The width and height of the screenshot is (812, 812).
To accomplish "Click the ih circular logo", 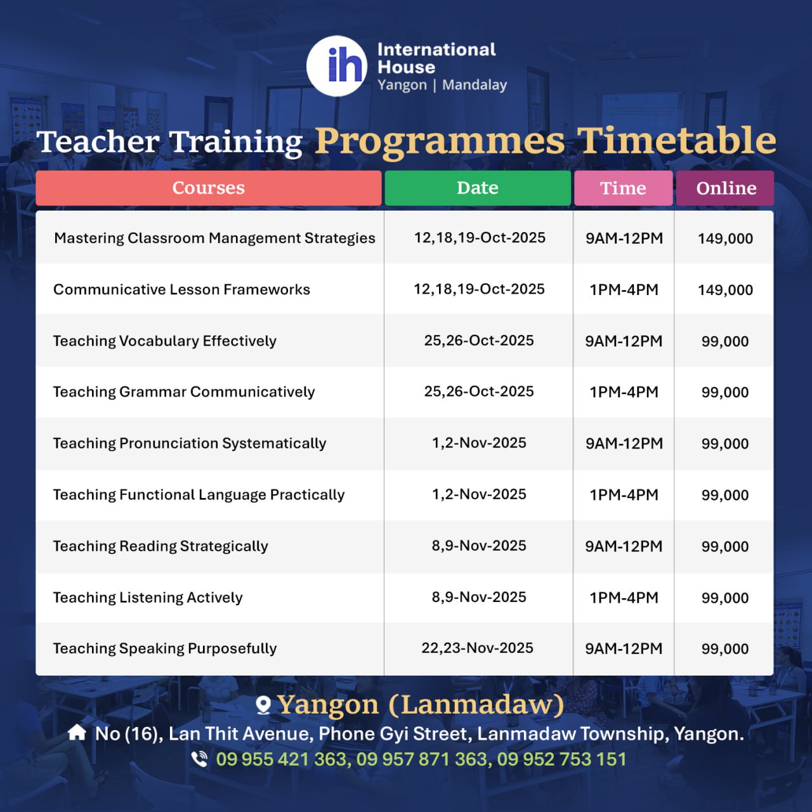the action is [336, 66].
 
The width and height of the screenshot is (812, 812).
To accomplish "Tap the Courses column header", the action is [209, 188].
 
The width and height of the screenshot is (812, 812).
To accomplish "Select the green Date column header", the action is [478, 188].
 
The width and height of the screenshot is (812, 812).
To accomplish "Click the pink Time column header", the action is [623, 188].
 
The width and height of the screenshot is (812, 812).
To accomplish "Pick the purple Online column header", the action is [725, 188].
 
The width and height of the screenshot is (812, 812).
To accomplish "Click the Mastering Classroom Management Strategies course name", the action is [214, 238].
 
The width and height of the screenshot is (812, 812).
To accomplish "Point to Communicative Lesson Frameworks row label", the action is [181, 289].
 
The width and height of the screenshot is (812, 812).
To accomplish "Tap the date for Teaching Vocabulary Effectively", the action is [479, 341].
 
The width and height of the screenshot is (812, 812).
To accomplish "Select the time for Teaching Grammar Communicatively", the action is [624, 392].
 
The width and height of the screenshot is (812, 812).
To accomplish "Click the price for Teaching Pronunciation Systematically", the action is [725, 443].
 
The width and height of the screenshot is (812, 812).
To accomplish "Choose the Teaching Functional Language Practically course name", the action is [199, 495].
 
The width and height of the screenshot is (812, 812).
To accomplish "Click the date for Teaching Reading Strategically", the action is [479, 546].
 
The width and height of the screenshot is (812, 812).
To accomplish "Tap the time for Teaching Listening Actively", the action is [624, 598].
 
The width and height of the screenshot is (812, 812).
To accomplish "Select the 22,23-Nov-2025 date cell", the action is [478, 648].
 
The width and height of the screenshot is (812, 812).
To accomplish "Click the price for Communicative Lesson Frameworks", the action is [725, 290].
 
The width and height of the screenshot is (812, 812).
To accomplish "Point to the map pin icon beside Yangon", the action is [263, 705].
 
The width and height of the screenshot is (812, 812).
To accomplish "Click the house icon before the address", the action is [77, 732].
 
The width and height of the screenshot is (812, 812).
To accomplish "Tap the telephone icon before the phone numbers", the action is [199, 759].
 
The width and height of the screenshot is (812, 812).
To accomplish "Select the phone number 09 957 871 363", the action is [422, 759].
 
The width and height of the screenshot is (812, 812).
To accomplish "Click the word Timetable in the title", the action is [676, 141].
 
